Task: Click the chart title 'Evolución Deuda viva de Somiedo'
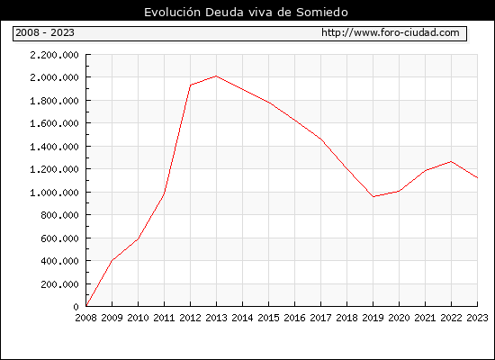(246, 13)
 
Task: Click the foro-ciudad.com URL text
(391, 32)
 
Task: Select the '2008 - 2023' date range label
(45, 32)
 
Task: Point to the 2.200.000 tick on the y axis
(54, 55)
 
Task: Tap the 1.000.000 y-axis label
(54, 193)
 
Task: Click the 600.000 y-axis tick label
(59, 238)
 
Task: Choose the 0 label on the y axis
(76, 307)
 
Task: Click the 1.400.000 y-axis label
(54, 147)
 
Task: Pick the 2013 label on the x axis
(216, 318)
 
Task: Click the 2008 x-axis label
(85, 318)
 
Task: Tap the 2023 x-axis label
(477, 318)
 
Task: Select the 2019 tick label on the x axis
(373, 318)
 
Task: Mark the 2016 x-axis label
(294, 318)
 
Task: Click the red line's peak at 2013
(216, 76)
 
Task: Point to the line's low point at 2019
(373, 196)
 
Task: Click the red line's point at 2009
(112, 260)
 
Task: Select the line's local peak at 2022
(452, 162)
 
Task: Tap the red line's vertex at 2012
(191, 85)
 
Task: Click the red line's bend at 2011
(164, 193)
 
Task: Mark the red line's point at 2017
(320, 139)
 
